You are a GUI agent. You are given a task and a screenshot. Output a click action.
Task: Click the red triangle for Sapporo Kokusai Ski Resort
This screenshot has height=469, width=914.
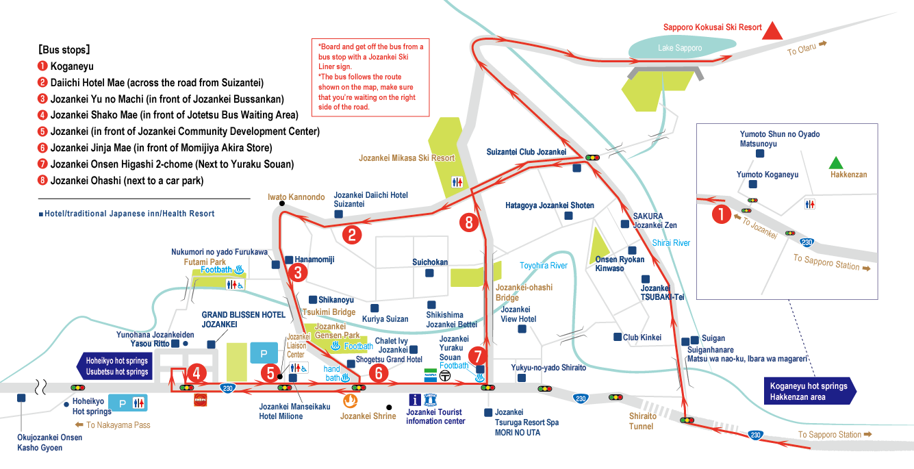[x=773, y=31]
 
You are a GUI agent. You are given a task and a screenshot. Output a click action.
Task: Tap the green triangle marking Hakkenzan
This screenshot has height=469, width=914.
[x=835, y=163]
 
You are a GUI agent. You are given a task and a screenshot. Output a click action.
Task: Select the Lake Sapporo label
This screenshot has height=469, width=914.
[x=680, y=48]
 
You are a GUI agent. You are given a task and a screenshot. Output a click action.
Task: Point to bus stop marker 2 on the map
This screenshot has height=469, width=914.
[x=352, y=236]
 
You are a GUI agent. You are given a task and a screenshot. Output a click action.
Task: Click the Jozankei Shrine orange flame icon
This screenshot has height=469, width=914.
[x=350, y=400]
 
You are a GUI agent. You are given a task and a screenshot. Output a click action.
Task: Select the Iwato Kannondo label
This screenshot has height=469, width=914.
[x=296, y=197]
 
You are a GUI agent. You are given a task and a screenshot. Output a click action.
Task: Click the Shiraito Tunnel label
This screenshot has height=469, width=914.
[x=642, y=421]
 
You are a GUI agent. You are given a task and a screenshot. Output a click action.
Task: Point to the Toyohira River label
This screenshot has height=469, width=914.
[x=544, y=266]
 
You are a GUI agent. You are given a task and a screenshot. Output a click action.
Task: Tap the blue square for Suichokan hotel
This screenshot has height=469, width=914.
[x=429, y=273]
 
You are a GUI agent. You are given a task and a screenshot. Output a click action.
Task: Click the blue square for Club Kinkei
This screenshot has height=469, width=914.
[x=616, y=337]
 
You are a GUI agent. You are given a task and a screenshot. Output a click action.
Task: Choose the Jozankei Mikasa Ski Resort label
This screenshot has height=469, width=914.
[x=407, y=158]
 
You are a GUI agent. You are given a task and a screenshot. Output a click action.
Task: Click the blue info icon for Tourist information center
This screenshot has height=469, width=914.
[x=414, y=400]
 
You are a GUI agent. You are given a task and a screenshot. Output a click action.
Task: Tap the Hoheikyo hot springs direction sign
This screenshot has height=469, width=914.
[x=113, y=366]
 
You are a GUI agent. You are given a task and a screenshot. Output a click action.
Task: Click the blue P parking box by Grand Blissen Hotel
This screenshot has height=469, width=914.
[x=263, y=353]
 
